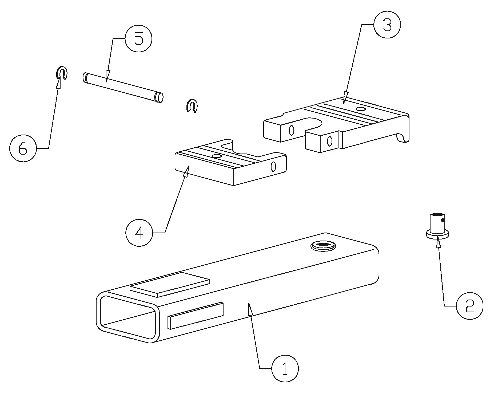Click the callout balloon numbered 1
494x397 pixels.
point(285,369)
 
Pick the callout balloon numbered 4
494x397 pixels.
point(139,233)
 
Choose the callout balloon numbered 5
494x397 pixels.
point(138,39)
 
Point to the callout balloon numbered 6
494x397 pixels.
point(23,148)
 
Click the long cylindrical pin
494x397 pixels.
point(123,88)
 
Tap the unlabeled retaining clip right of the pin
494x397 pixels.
point(192,105)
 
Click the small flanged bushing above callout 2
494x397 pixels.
point(437,226)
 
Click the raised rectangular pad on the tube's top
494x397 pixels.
point(170,284)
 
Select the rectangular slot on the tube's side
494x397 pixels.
point(195,315)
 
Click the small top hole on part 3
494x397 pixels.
point(361,109)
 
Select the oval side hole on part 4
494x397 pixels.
point(273,167)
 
